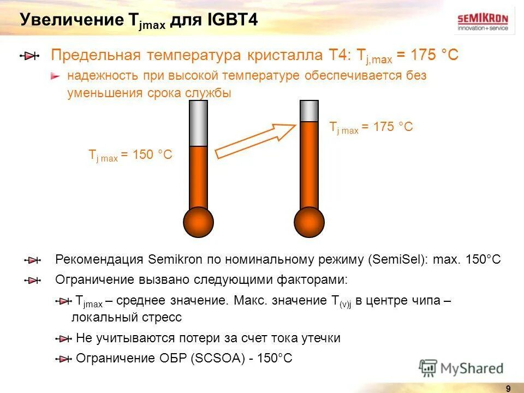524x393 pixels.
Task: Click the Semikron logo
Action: (483, 21)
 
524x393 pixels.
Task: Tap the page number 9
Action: (508, 388)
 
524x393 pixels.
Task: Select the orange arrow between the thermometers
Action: (255, 140)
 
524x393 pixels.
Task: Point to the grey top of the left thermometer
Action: (198, 123)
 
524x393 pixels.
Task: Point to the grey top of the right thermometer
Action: (309, 111)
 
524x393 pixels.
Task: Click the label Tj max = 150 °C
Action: (130, 155)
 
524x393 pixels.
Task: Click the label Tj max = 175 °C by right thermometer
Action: (371, 127)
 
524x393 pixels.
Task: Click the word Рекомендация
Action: (99, 259)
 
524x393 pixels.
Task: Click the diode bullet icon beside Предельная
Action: (31, 56)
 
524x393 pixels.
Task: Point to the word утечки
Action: (320, 338)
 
